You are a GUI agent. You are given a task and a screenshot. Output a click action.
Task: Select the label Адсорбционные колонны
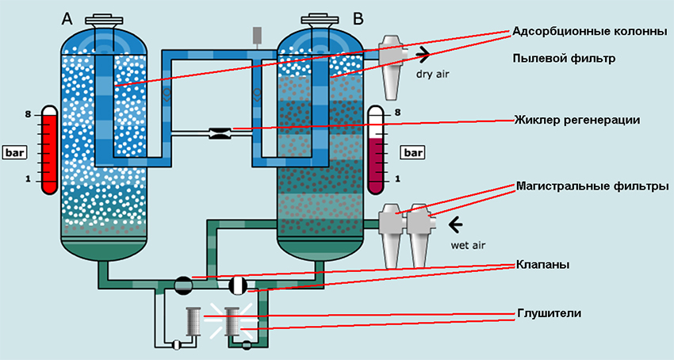[588, 33]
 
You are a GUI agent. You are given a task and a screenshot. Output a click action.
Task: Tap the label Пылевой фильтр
[565, 59]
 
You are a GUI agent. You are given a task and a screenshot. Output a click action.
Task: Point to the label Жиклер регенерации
[576, 120]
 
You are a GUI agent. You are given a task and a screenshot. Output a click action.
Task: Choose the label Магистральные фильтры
[592, 186]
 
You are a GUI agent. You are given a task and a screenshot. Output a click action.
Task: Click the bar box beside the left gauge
[15, 151]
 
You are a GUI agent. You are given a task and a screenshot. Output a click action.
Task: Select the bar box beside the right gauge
[413, 151]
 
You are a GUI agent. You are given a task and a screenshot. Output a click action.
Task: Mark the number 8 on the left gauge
[28, 115]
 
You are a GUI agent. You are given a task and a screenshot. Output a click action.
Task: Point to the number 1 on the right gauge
[397, 180]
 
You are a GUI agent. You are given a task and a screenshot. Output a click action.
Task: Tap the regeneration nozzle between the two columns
[218, 133]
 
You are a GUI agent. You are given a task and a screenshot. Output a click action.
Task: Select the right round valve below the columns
[239, 285]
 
